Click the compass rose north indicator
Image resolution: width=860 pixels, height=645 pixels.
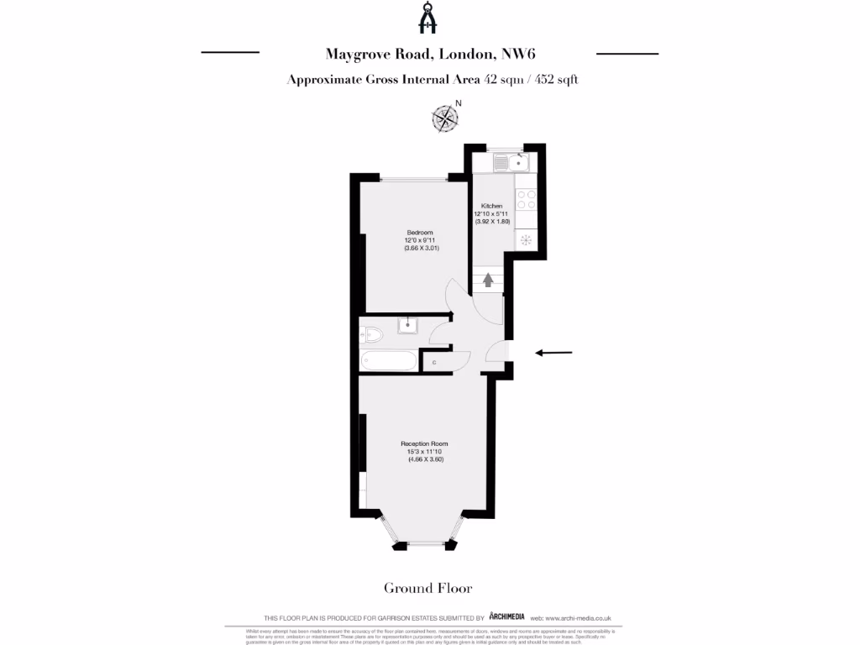point(445,118)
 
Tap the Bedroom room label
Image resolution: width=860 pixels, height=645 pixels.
point(420,232)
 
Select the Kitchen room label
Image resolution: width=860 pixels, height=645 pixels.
point(491,206)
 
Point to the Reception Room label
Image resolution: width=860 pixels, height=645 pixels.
point(424,443)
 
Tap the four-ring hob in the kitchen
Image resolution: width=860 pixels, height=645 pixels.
point(527,199)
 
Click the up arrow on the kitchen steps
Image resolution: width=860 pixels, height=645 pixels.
point(487,281)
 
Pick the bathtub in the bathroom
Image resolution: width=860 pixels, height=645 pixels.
point(388,362)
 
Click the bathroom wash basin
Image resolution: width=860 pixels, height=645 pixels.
point(409,324)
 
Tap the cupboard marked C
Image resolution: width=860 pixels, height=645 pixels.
point(433,363)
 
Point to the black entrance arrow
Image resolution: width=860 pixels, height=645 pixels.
point(554,353)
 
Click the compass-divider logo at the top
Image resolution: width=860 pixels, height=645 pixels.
point(430,18)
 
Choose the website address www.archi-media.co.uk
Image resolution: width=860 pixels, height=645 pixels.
point(587,617)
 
